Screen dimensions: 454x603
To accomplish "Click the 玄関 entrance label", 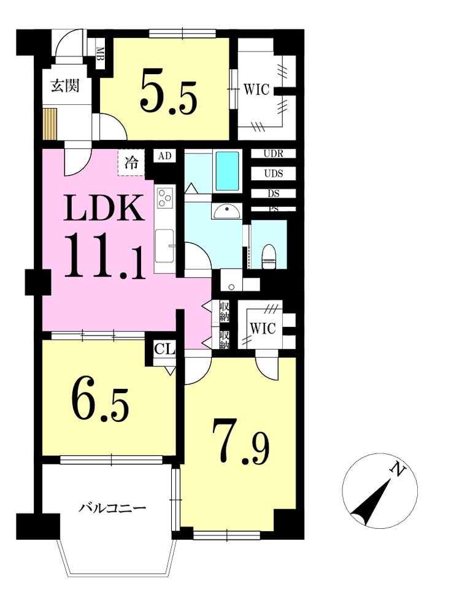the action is [x=66, y=86].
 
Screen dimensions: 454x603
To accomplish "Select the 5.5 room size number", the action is [x=168, y=91].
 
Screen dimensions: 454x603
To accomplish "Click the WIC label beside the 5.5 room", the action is [x=256, y=90].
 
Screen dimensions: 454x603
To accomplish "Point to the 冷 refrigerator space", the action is [x=131, y=163].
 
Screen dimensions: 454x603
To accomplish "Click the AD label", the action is [x=164, y=156].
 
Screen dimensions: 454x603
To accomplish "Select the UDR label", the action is [x=274, y=154].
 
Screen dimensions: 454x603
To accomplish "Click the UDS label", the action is [x=274, y=174].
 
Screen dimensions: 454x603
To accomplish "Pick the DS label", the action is [x=274, y=193].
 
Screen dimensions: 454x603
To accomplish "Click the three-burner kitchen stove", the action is [x=165, y=198].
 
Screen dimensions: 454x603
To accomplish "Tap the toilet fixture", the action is [x=269, y=256].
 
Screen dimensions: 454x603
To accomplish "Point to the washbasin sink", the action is [x=227, y=211].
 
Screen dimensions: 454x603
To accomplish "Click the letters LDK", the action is [x=104, y=208].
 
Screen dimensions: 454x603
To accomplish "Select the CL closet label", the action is [x=164, y=350].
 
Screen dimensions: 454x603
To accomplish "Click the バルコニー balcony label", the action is [x=112, y=509].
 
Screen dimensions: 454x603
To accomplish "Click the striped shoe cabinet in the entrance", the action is [x=50, y=124].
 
